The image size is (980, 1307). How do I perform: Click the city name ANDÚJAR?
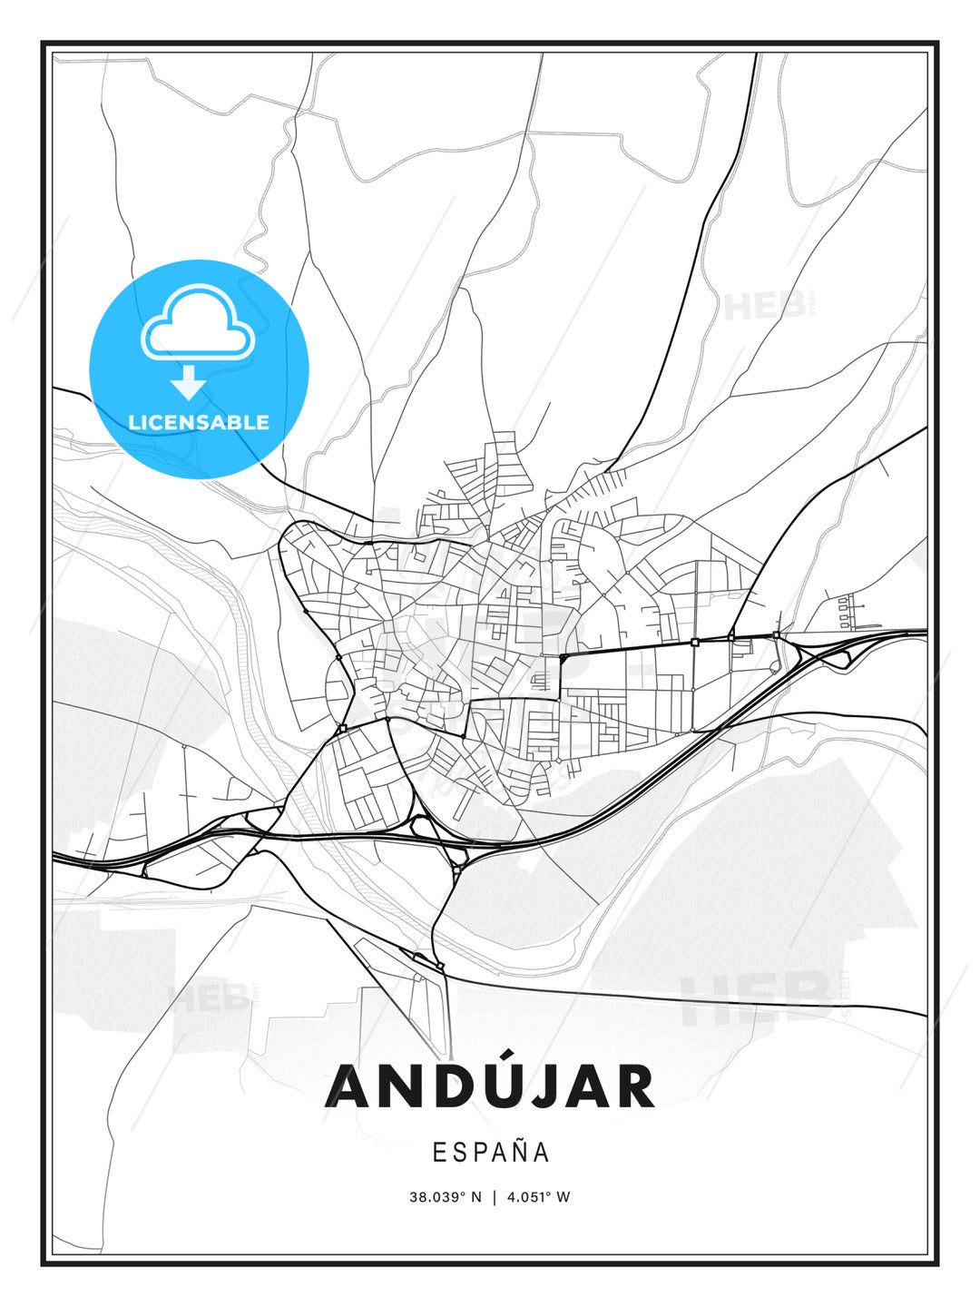click(x=490, y=1086)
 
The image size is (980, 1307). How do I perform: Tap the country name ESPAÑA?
click(x=490, y=1152)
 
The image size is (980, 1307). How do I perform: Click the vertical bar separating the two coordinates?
click(x=494, y=1196)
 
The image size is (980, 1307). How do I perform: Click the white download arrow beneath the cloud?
click(x=188, y=382)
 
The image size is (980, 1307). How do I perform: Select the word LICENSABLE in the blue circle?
click(x=199, y=422)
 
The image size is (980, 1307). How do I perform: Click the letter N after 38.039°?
click(x=477, y=1196)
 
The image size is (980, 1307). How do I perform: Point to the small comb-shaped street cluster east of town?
click(x=846, y=612)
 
